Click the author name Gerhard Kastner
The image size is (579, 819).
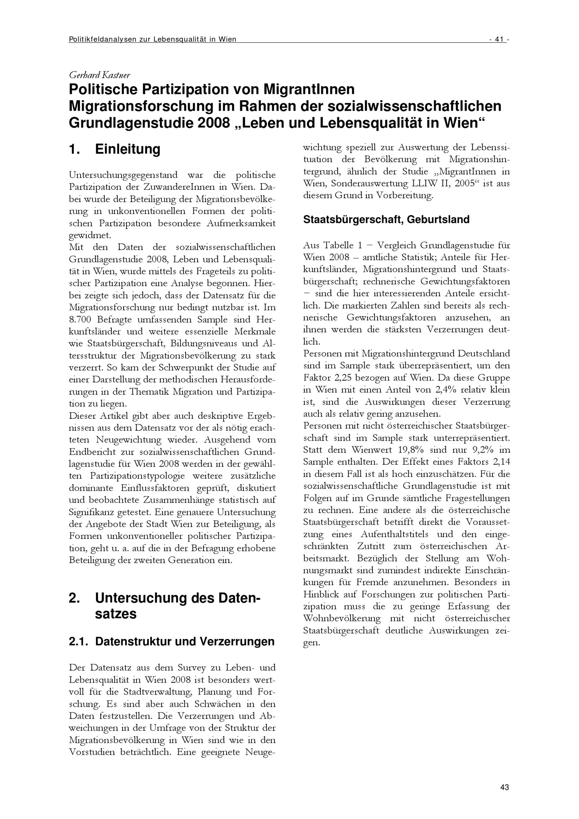[100, 75]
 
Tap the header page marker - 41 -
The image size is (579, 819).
[499, 40]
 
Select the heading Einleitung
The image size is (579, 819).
[127, 149]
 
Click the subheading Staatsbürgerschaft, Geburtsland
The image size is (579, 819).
[386, 219]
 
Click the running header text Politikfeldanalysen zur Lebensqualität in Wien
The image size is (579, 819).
[152, 40]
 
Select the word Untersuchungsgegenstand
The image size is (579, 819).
[123, 175]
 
